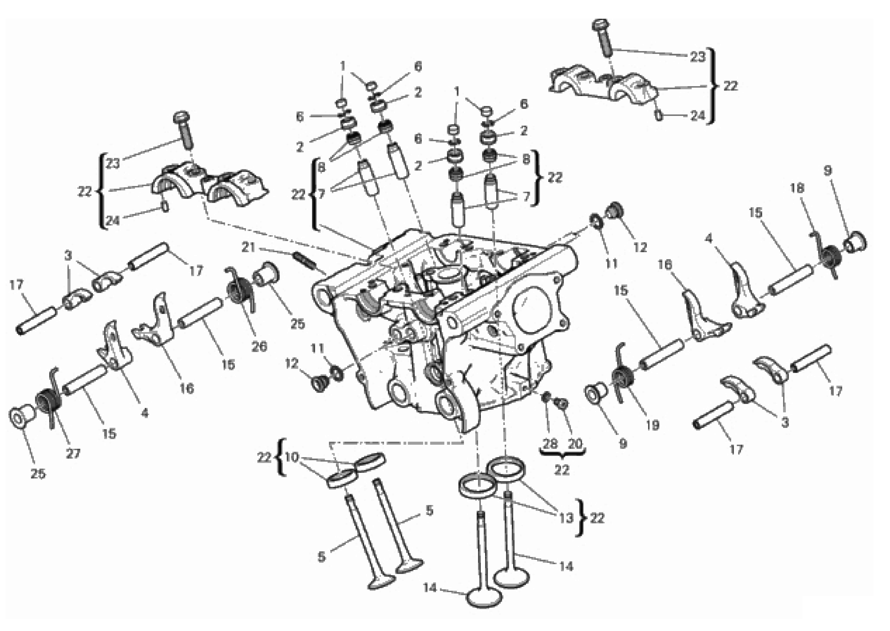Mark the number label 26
click(259, 346)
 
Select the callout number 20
click(575, 444)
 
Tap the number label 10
click(291, 457)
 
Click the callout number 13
click(566, 518)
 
